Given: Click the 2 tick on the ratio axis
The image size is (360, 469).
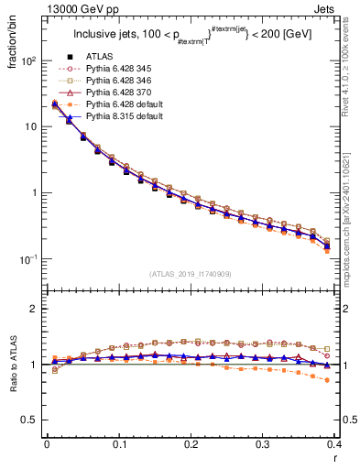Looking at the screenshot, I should coord(36,309).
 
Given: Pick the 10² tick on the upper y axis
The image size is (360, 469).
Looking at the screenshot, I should coord(28,60).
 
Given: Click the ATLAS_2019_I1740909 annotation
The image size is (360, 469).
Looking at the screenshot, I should coord(191,274).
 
